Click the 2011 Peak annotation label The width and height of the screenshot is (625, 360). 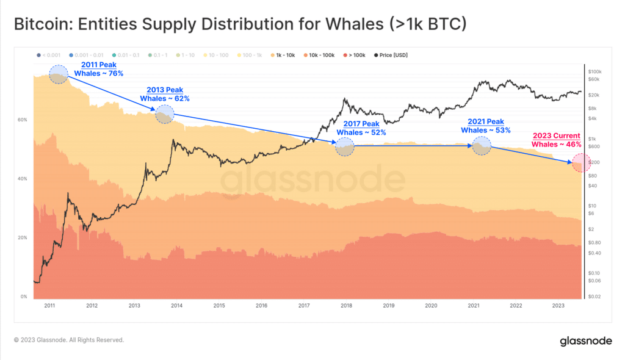(98, 68)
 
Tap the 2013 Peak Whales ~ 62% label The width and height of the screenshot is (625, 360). (165, 94)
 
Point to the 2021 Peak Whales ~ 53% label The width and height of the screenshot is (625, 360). (486, 126)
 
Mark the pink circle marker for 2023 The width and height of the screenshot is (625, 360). (580, 163)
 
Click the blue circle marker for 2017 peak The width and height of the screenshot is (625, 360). (345, 147)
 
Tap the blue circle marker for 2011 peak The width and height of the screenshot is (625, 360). (59, 74)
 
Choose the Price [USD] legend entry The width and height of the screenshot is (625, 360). (390, 55)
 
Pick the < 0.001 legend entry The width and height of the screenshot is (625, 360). (50, 55)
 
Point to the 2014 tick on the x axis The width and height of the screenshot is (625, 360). (176, 306)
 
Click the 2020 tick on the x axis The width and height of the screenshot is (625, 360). (431, 306)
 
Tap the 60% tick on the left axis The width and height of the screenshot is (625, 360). (23, 120)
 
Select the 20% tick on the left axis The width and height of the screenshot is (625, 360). (23, 237)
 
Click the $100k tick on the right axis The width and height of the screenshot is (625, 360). (595, 71)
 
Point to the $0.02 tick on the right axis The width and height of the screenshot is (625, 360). (595, 296)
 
